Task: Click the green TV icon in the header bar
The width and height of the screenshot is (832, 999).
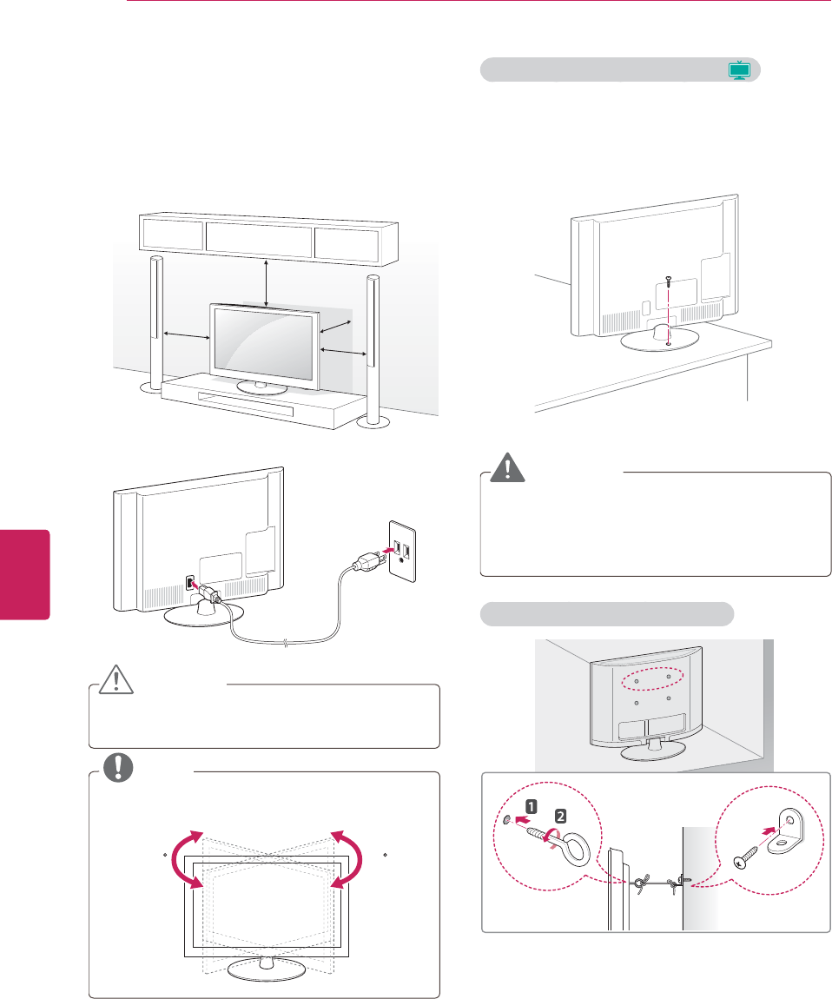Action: (x=738, y=70)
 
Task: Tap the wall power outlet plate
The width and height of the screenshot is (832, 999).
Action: (x=400, y=552)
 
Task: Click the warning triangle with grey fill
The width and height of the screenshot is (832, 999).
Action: (x=502, y=470)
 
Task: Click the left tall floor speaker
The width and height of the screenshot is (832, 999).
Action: (x=155, y=321)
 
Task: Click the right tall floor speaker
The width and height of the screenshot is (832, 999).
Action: (x=373, y=347)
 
